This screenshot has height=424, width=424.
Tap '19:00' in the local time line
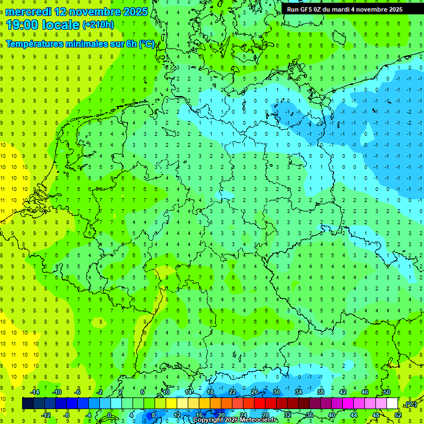click(22, 24)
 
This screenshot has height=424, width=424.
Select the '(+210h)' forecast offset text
click(98, 25)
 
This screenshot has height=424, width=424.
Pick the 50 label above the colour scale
click(386, 392)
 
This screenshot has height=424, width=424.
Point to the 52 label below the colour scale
click(397, 415)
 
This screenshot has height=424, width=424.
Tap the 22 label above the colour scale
click(232, 392)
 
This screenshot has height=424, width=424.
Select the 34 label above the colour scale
click(299, 392)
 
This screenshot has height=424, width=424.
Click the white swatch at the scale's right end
click(393, 403)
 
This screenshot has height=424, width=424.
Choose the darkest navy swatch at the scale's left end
click(28, 403)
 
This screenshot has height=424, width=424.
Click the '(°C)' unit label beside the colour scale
click(410, 404)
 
